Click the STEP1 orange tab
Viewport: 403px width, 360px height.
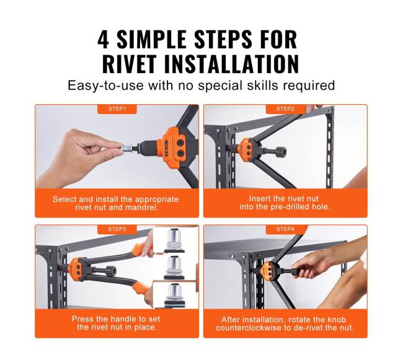(117, 109)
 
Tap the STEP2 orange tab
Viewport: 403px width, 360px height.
(285, 109)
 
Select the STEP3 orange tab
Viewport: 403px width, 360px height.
(117, 229)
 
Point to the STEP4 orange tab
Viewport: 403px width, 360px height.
(285, 229)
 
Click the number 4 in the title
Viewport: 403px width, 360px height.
(104, 39)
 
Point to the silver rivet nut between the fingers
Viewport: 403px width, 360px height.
(127, 148)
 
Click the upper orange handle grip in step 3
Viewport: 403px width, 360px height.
(141, 248)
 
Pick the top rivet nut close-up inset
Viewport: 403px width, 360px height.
(175, 240)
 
